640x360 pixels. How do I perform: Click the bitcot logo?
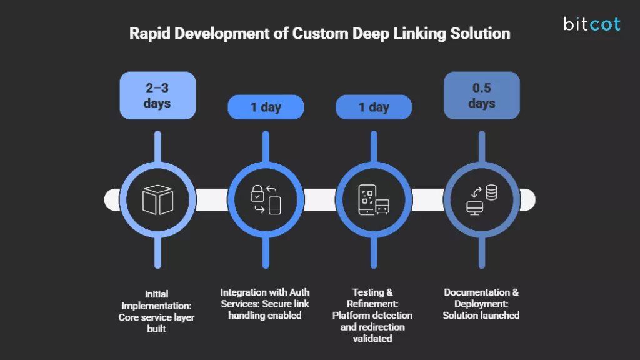(x=591, y=24)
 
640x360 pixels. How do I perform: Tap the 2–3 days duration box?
(x=157, y=96)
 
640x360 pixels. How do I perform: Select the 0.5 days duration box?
(x=481, y=96)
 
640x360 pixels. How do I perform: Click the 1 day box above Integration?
(x=266, y=107)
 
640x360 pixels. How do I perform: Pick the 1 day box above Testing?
(x=374, y=107)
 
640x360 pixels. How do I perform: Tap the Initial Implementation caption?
(x=157, y=311)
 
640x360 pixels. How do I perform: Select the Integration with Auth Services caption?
(x=265, y=304)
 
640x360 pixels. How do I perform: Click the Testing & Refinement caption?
(x=372, y=315)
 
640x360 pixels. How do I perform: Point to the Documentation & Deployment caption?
(x=481, y=304)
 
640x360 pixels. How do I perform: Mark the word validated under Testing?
(x=372, y=339)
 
